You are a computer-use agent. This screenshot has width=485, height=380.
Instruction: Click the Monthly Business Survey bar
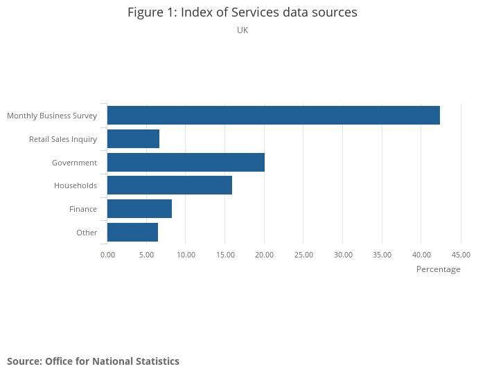tap(274, 116)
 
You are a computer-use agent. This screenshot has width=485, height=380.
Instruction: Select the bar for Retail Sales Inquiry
tap(133, 139)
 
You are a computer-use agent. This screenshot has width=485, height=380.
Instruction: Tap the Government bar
tap(186, 163)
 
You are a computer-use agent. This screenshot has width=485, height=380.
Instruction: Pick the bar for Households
tap(170, 186)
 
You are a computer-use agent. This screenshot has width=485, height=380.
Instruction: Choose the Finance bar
tap(139, 209)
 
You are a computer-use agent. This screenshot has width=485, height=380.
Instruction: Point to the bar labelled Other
tap(132, 233)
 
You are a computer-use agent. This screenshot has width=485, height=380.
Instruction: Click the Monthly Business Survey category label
tap(52, 116)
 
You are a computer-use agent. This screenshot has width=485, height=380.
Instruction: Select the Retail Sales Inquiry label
tap(63, 139)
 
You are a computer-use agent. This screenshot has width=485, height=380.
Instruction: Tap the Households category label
tap(76, 186)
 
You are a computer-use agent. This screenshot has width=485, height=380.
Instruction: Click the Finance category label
tap(83, 209)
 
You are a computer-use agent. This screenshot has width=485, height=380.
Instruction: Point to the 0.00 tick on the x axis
tap(107, 255)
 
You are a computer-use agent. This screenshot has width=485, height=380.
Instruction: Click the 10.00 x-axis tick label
tap(186, 255)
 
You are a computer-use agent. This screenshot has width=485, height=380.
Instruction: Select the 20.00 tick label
tap(265, 255)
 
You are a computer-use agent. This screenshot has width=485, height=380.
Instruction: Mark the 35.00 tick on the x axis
tap(382, 255)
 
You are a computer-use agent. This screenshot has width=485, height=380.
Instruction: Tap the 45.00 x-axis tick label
tap(461, 255)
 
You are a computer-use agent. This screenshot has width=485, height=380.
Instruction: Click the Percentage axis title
tap(438, 269)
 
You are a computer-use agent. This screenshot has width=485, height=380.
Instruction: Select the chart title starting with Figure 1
tap(242, 12)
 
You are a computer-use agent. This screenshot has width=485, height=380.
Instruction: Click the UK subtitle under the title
tap(242, 30)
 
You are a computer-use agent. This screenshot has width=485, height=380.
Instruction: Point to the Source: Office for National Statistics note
tap(93, 361)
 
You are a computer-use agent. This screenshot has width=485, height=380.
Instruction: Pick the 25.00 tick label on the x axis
tap(303, 255)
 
